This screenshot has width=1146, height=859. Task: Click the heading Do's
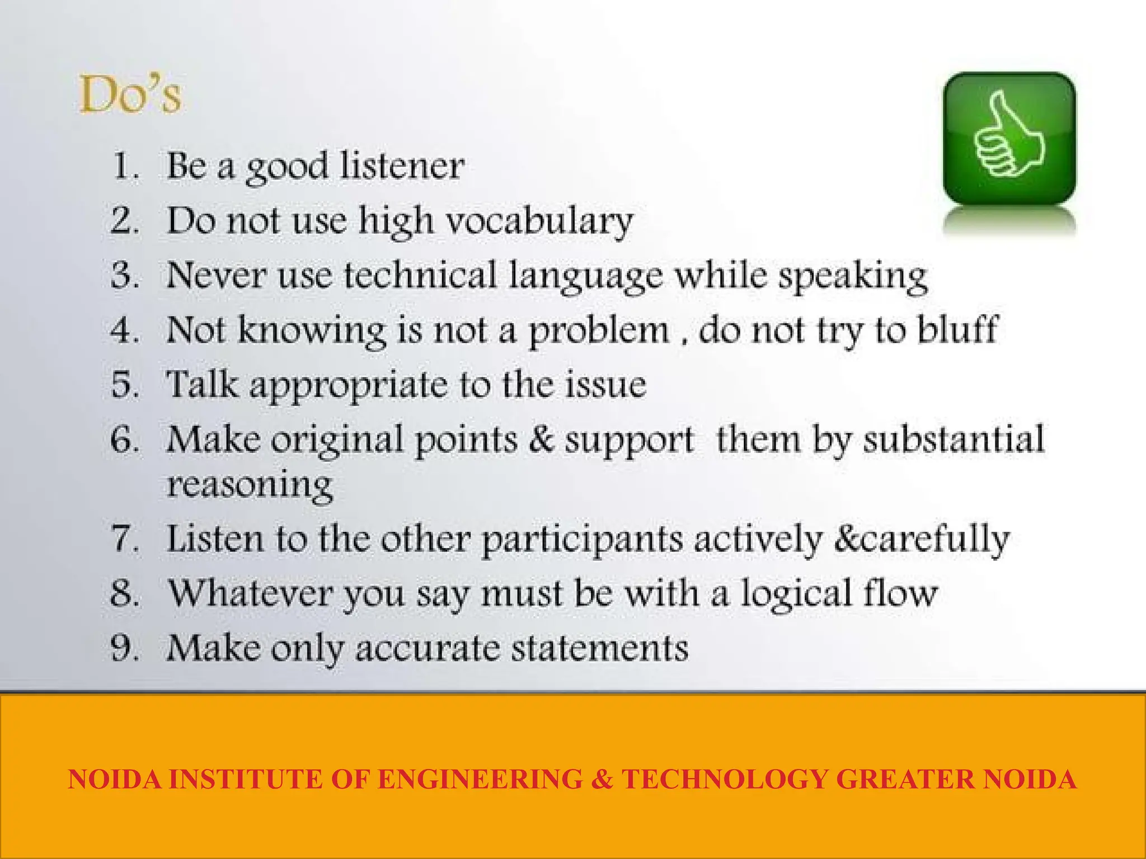point(130,95)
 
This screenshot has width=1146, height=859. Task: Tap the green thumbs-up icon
point(1009,138)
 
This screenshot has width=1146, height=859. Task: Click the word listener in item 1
point(402,166)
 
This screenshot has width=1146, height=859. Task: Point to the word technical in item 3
point(420,275)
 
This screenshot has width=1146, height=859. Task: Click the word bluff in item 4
point(957,329)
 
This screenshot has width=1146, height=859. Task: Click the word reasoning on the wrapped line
point(250,485)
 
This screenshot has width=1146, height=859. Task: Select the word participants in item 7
point(582,540)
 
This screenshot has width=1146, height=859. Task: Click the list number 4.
point(124,329)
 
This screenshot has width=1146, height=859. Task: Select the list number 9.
point(124,648)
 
